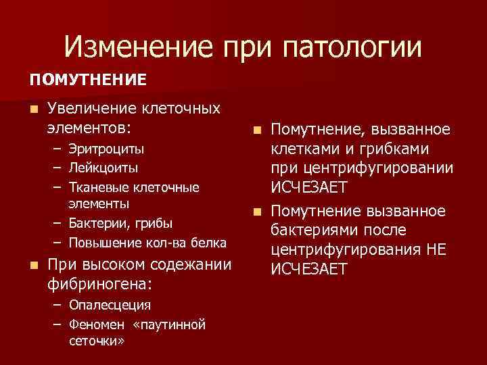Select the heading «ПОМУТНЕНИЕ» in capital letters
(87, 80)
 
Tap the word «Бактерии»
(96, 222)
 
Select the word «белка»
(208, 243)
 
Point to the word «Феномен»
(95, 324)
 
